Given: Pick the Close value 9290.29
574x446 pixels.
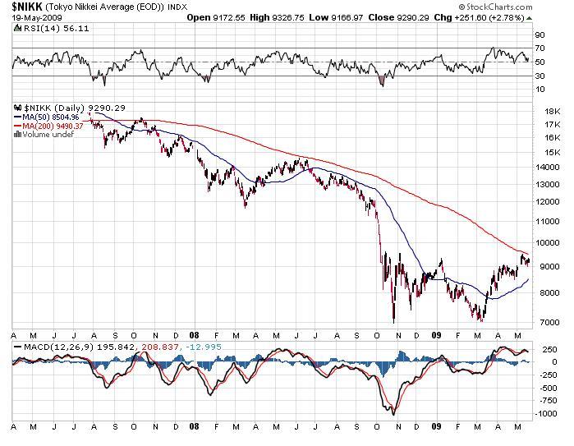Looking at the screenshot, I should tap(425, 16).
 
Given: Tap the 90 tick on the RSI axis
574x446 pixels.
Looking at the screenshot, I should tap(540, 35).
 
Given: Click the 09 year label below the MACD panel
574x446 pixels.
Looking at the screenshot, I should tap(436, 428).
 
